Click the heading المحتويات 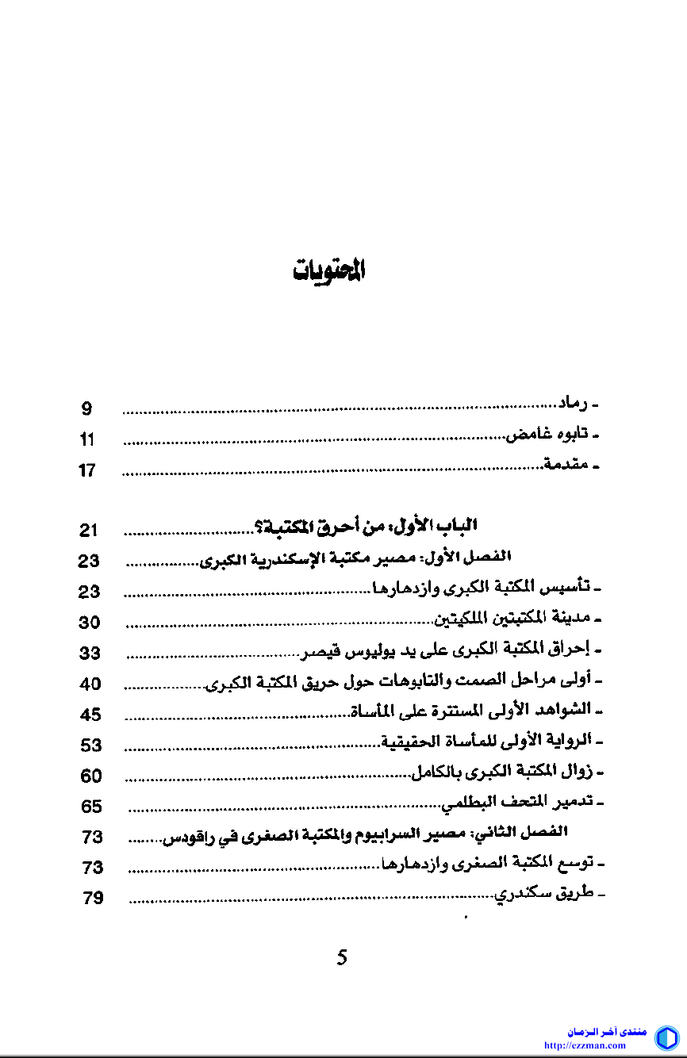[329, 270]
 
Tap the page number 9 [86, 409]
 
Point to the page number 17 [86, 470]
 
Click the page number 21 [89, 531]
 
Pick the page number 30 [90, 623]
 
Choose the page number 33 [90, 654]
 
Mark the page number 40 [91, 684]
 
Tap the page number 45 [91, 715]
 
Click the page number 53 [91, 746]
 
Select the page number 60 [91, 776]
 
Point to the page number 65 [92, 807]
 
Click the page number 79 [93, 899]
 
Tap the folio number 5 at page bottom [342, 956]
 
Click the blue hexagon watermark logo [666, 1037]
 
